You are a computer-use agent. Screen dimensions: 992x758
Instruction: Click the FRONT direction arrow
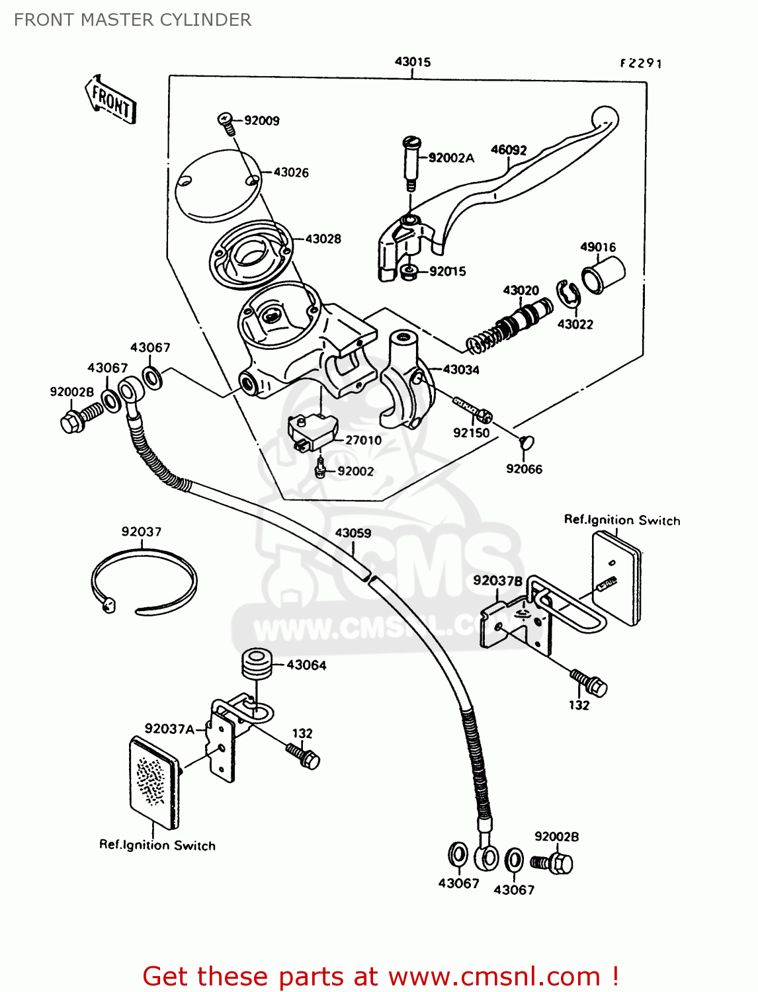[x=110, y=101]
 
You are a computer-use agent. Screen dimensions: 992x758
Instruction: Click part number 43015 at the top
[x=413, y=62]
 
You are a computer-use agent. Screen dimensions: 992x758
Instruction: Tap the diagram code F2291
[x=640, y=63]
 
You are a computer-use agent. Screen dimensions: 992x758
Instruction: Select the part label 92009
[x=261, y=120]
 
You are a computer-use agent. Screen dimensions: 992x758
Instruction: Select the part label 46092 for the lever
[x=509, y=150]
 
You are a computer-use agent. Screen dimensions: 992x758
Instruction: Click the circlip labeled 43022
[x=568, y=294]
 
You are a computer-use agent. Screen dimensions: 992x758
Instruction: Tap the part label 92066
[x=524, y=469]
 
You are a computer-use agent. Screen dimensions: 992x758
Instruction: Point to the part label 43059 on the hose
[x=353, y=533]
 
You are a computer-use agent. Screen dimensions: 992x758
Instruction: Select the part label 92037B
[x=497, y=581]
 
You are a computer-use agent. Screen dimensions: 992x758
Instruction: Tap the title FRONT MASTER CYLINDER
[x=132, y=20]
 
